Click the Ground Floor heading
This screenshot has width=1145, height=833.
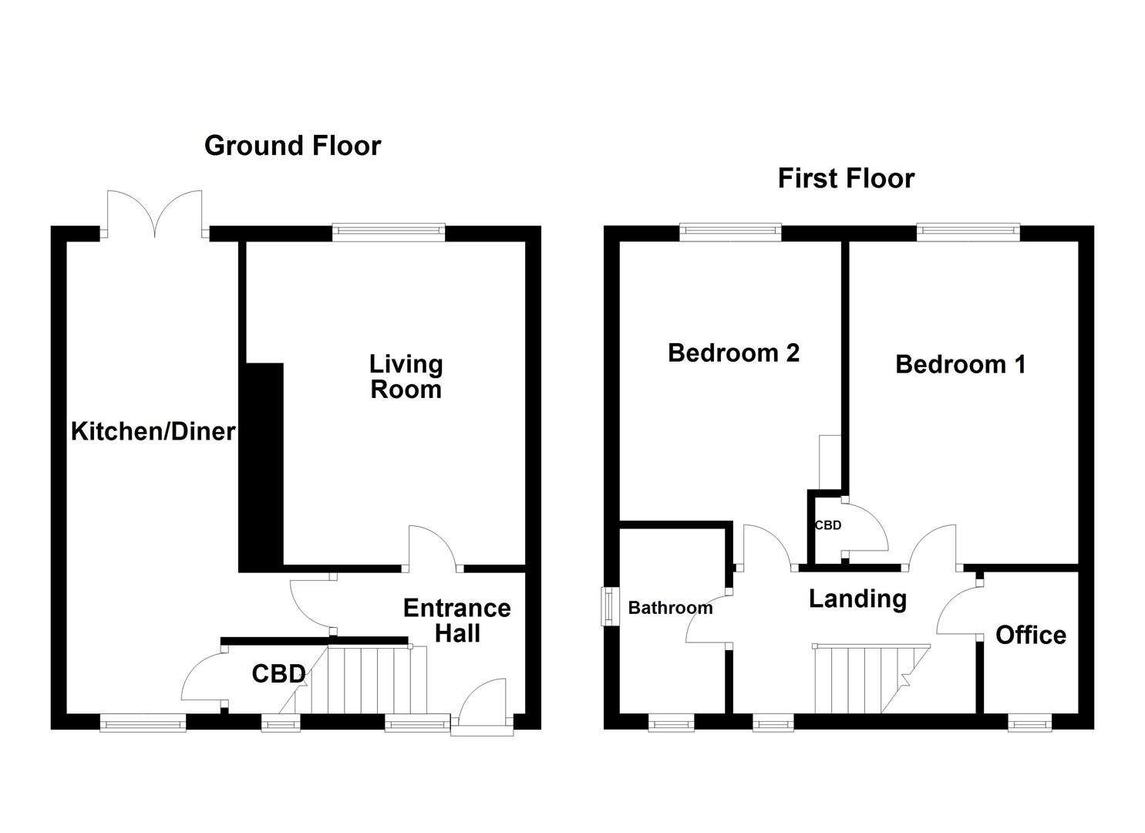pyautogui.click(x=292, y=146)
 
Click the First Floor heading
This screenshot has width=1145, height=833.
pyautogui.click(x=846, y=178)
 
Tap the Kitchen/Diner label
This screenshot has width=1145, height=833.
pyautogui.click(x=153, y=431)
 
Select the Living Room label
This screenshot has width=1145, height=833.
pyautogui.click(x=406, y=376)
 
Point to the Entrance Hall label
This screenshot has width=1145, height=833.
pyautogui.click(x=456, y=620)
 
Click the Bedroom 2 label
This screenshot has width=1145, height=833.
pyautogui.click(x=733, y=352)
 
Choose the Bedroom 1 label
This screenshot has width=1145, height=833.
pyautogui.click(x=960, y=364)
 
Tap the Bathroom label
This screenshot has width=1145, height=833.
pyautogui.click(x=670, y=608)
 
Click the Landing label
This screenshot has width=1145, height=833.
pyautogui.click(x=857, y=599)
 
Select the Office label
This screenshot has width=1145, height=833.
pyautogui.click(x=1030, y=635)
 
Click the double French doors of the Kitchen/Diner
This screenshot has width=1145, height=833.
pyautogui.click(x=155, y=214)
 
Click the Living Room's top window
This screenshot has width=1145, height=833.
pyautogui.click(x=389, y=231)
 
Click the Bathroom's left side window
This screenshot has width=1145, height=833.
pyautogui.click(x=610, y=606)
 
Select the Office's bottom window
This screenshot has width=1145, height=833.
pyautogui.click(x=1029, y=723)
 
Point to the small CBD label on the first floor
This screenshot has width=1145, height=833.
pyautogui.click(x=828, y=525)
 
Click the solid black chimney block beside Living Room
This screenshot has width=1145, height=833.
pyautogui.click(x=262, y=467)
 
